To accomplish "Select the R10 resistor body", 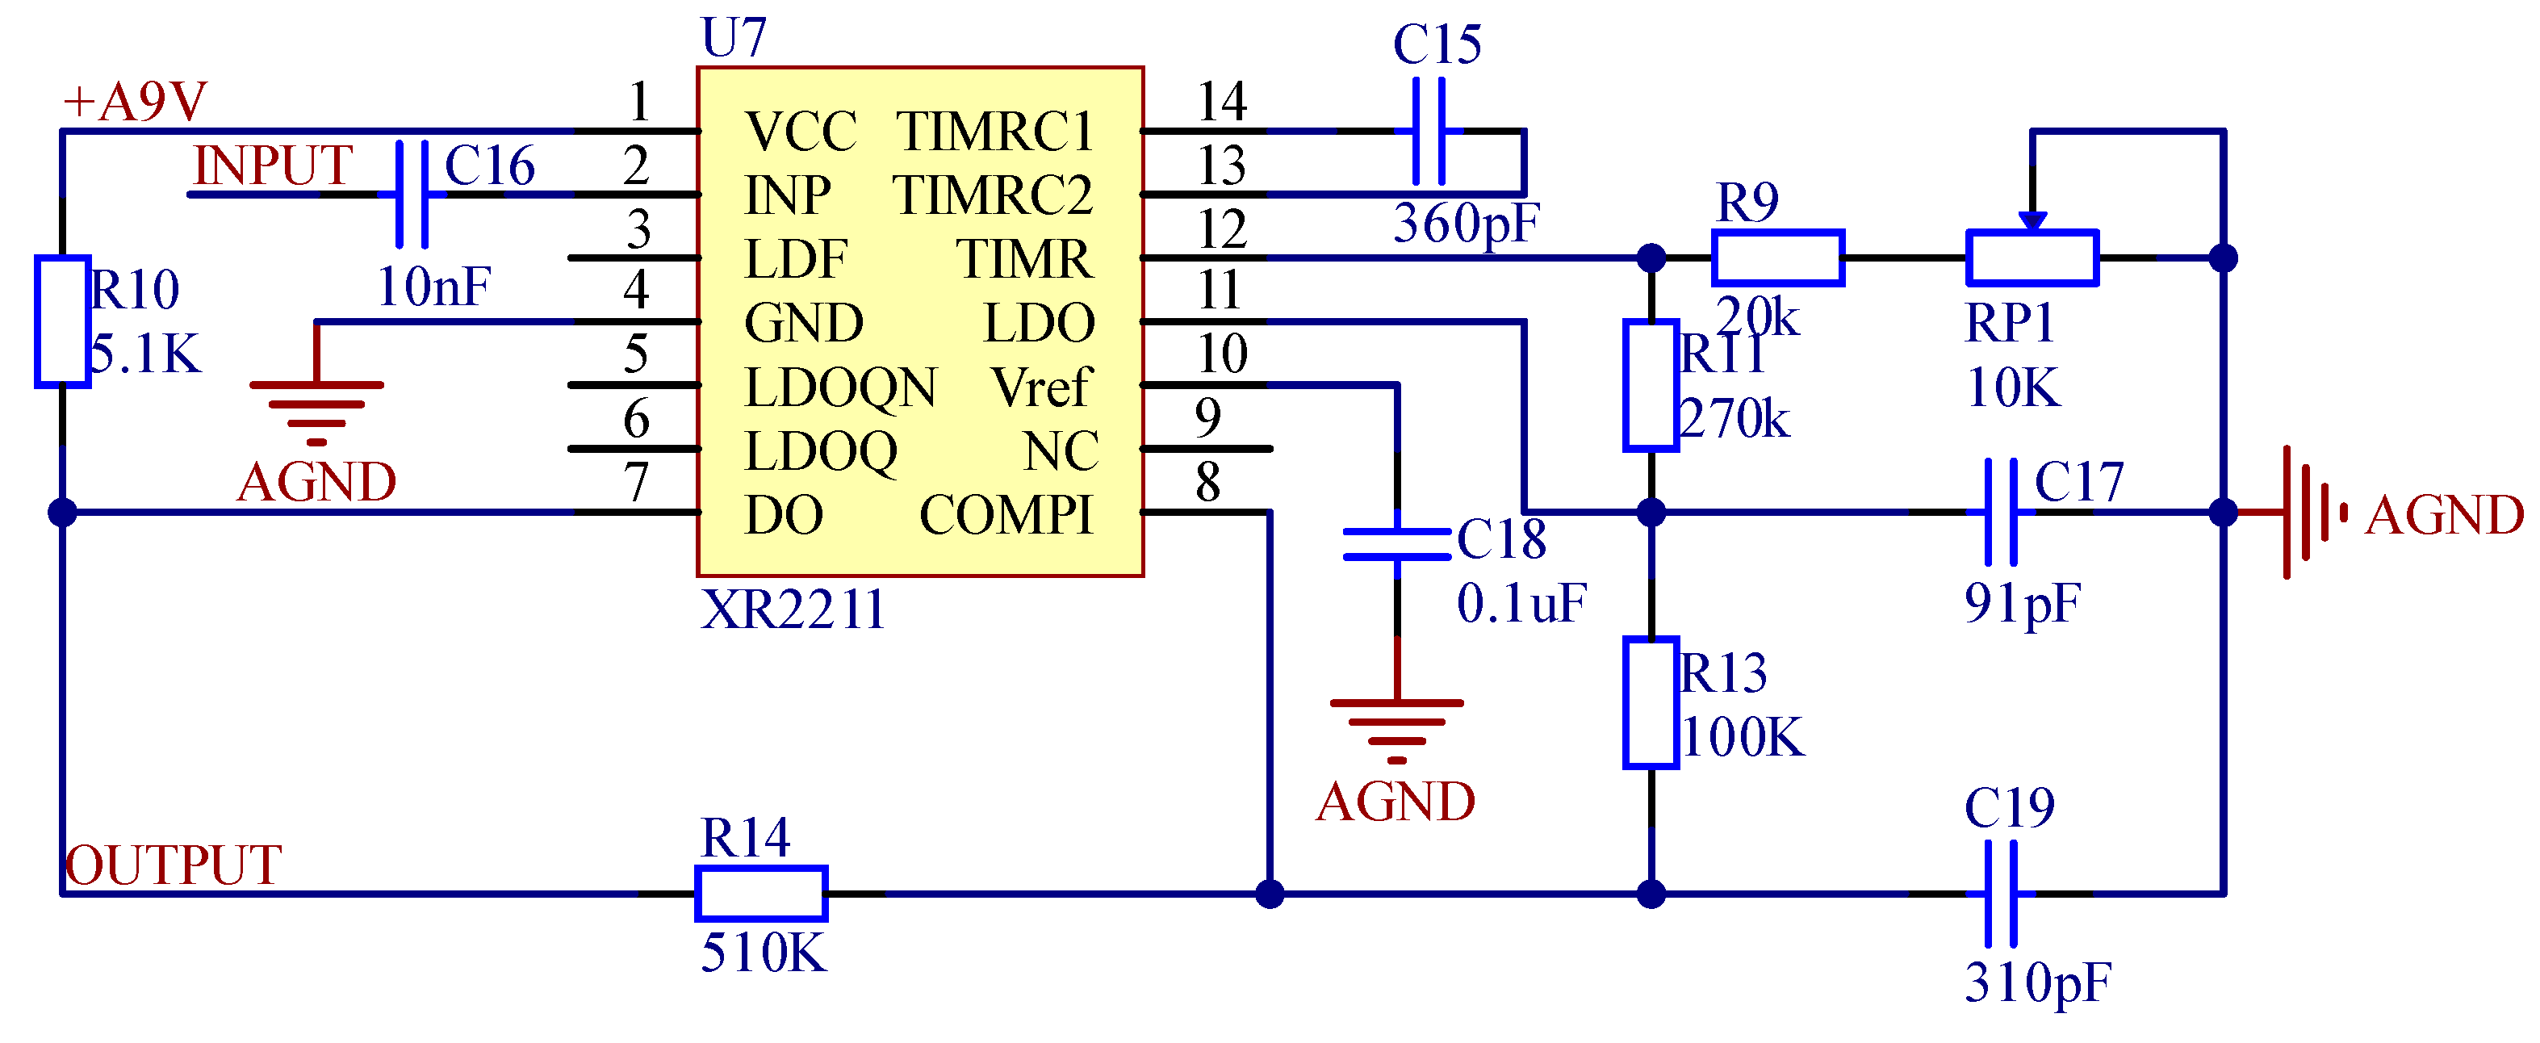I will (62, 321).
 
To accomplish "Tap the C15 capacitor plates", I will (1429, 131).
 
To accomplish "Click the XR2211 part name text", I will (793, 609).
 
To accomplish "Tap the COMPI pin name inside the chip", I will (1006, 514).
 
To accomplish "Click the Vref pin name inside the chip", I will (1041, 387).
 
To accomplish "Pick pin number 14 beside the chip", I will (1222, 102).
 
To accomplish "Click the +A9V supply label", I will (134, 102).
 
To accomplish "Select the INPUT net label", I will (272, 165).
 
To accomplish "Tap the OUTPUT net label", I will (174, 865).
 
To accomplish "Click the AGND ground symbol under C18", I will (1396, 730).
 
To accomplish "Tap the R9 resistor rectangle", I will (1778, 258).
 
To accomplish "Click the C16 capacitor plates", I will (412, 195).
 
